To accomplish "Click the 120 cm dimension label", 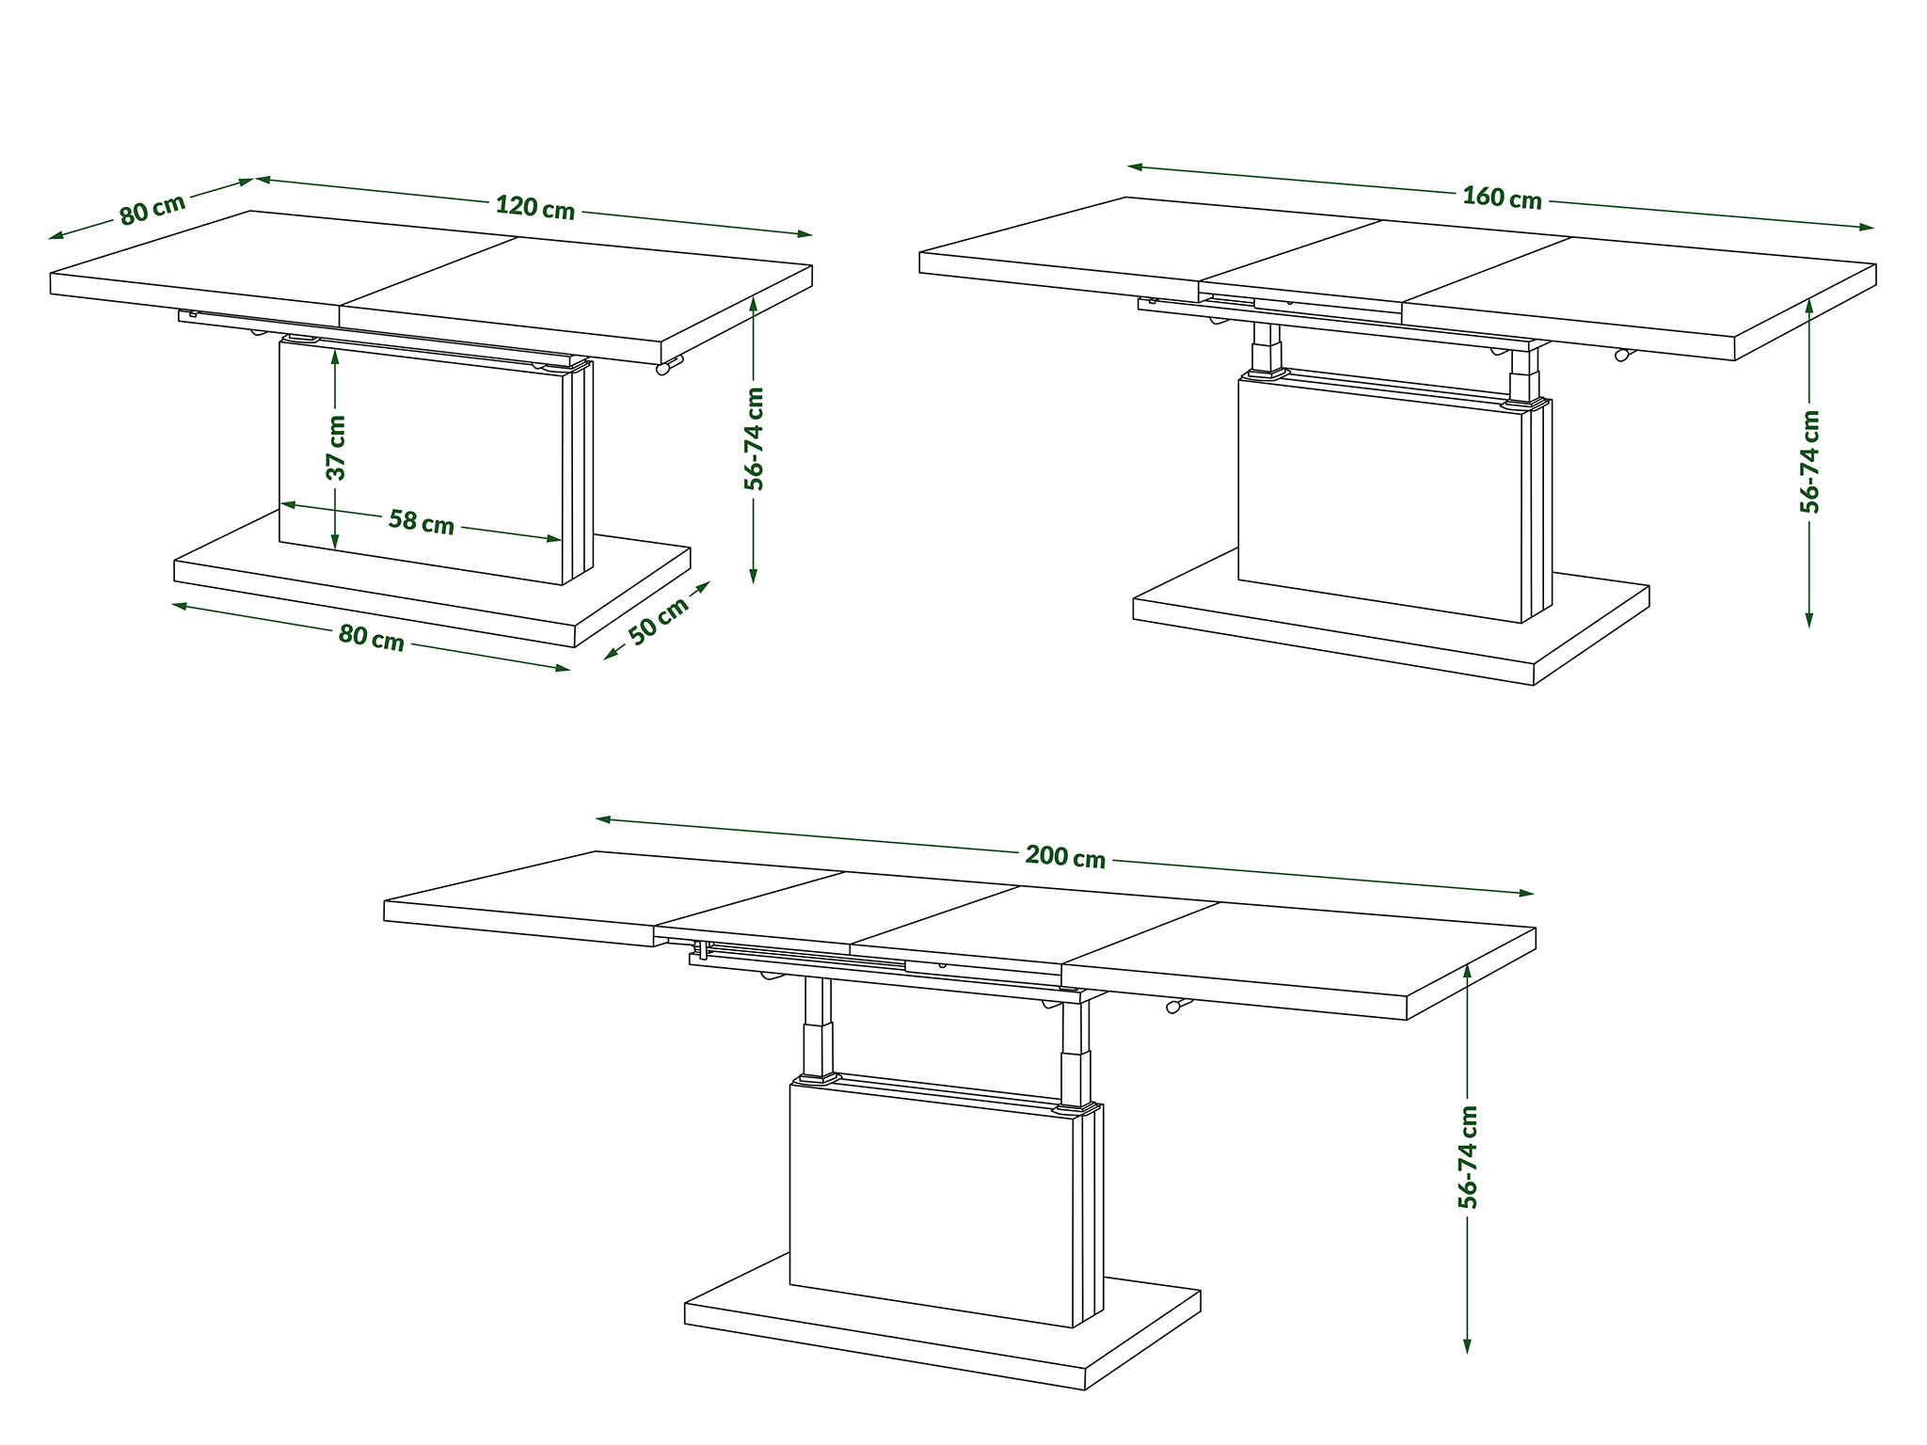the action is (534, 207).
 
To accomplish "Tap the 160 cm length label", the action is (1502, 198).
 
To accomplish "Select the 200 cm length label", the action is (1065, 857).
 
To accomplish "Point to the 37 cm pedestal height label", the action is (337, 448).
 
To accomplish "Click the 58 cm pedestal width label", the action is (422, 521).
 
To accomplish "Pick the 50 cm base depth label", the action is (659, 621).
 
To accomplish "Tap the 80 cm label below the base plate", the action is (372, 638).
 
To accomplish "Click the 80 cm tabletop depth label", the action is (152, 209).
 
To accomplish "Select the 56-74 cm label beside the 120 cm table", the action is (754, 438).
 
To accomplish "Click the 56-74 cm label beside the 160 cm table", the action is (1809, 461).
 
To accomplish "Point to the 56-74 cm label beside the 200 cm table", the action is (1467, 1157).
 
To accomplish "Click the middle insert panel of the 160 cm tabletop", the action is (1385, 267).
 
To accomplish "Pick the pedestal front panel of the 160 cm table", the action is (1379, 500).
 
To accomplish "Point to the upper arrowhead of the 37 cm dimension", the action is (336, 357).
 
